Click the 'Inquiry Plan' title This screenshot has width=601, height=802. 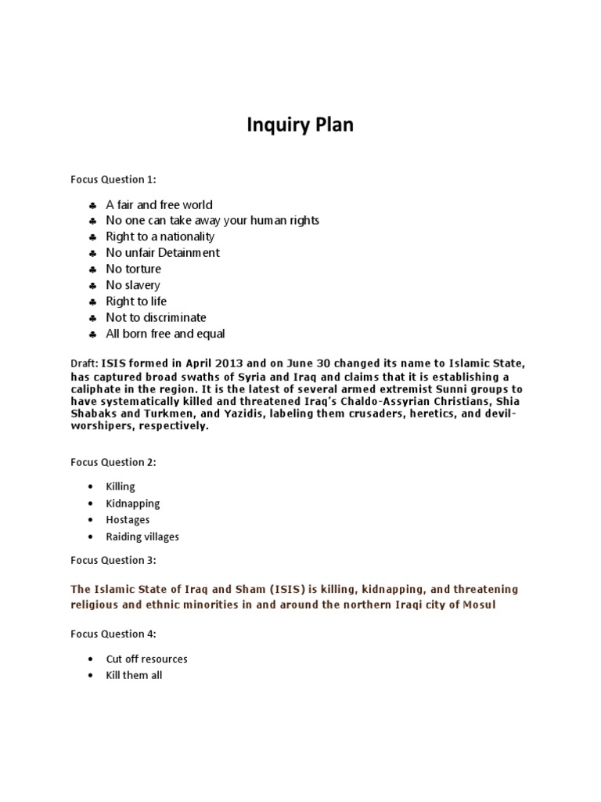(300, 125)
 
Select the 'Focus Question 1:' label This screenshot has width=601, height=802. (113, 180)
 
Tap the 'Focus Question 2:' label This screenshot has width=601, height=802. (113, 462)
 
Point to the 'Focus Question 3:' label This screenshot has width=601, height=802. (113, 560)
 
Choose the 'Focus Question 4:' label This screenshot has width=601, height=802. (113, 634)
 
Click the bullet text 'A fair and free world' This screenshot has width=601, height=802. (159, 204)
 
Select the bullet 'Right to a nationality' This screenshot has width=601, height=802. (160, 237)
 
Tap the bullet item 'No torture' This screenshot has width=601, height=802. (133, 269)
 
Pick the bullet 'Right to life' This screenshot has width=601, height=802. (136, 302)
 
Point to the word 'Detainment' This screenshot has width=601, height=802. (190, 253)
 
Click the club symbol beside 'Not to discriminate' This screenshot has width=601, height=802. (92, 318)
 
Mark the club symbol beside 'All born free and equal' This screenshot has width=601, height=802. (92, 334)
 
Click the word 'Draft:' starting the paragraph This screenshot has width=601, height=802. (84, 363)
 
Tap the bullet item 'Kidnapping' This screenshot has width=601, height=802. (133, 504)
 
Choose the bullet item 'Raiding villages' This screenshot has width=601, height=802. (142, 536)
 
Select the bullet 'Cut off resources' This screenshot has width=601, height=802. (146, 659)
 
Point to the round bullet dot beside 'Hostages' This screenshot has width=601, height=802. (92, 520)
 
